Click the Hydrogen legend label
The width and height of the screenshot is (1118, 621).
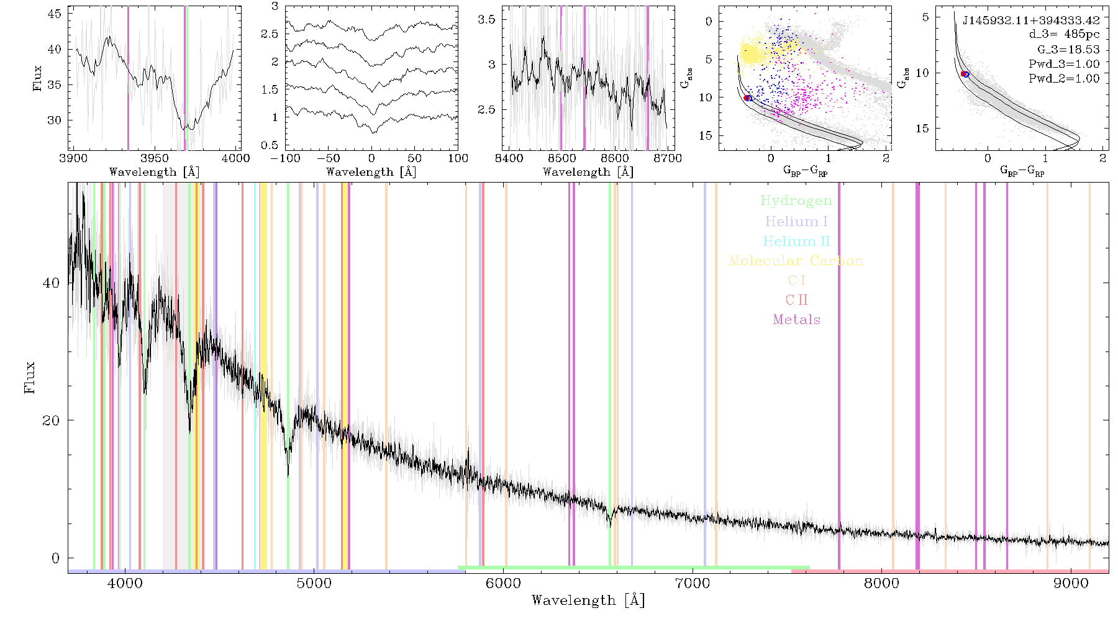coord(796,201)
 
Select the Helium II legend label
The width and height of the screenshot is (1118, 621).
coord(796,241)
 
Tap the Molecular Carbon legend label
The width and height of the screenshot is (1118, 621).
coord(796,261)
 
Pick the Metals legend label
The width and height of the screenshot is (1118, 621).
coord(796,320)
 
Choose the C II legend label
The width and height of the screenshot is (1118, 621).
coord(796,300)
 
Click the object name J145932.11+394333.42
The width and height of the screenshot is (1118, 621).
coord(1031,20)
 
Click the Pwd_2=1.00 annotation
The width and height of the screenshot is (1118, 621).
coord(1064,78)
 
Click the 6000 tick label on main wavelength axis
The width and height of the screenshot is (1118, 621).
coord(503,584)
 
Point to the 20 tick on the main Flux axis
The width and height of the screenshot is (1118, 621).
coord(51,420)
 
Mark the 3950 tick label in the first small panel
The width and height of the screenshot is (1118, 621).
coord(155,158)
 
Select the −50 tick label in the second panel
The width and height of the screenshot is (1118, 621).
coord(328,158)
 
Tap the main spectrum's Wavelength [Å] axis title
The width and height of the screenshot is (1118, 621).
coord(588,601)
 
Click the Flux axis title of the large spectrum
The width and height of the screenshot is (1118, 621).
coord(29,377)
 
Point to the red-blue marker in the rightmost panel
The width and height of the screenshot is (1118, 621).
coord(965,74)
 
